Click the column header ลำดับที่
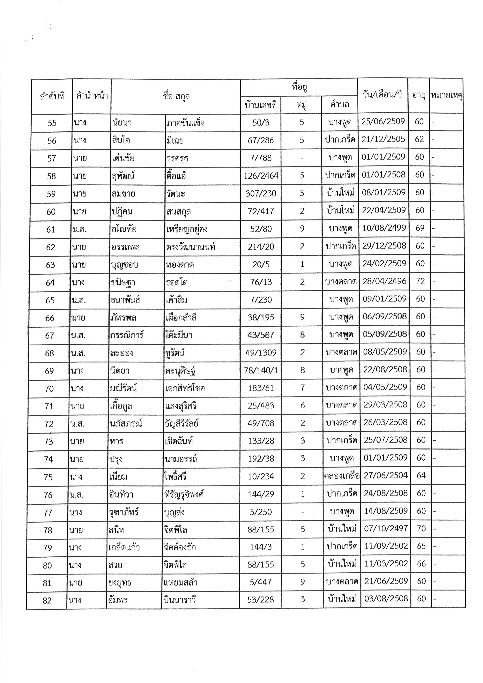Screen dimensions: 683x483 [x=52, y=96]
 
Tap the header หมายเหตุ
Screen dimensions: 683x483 [x=446, y=95]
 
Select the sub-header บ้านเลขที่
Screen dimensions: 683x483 [x=261, y=105]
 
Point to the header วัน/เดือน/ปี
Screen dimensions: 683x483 [x=383, y=95]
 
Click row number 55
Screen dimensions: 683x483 [x=52, y=123]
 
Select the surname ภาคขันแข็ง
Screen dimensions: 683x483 [x=185, y=122]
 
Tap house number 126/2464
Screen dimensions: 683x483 [x=261, y=175]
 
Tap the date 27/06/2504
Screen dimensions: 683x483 [x=385, y=475]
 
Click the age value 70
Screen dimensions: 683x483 [x=421, y=528]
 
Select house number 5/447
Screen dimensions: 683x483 [x=261, y=582]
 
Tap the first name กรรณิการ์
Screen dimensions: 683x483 [x=127, y=335]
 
